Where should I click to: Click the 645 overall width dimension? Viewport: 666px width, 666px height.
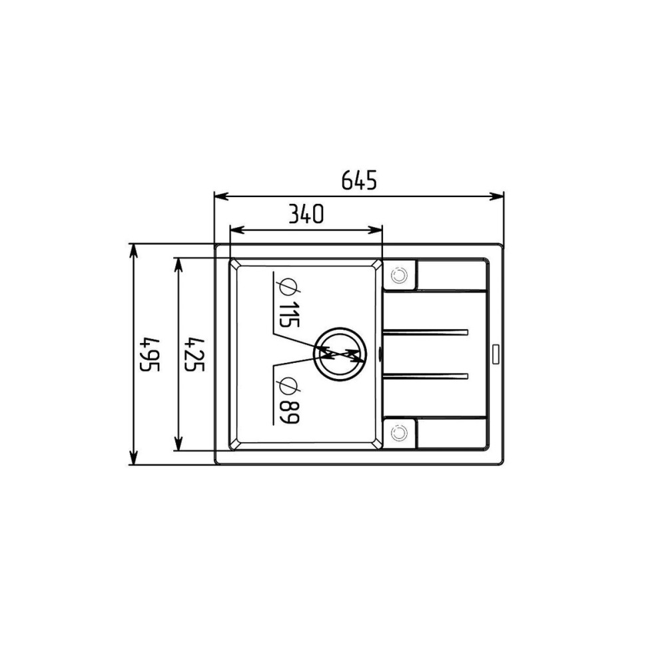359,180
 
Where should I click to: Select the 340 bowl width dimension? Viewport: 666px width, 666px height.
306,214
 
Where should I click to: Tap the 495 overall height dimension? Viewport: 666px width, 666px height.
149,354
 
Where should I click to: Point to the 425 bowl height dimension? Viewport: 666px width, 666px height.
195,354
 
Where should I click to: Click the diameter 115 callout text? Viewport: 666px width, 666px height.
289,303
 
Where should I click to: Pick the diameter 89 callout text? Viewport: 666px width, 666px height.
289,400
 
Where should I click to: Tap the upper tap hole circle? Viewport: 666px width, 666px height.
399,275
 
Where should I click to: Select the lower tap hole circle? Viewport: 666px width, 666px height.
399,433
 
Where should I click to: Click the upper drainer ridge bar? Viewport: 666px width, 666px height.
425,332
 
